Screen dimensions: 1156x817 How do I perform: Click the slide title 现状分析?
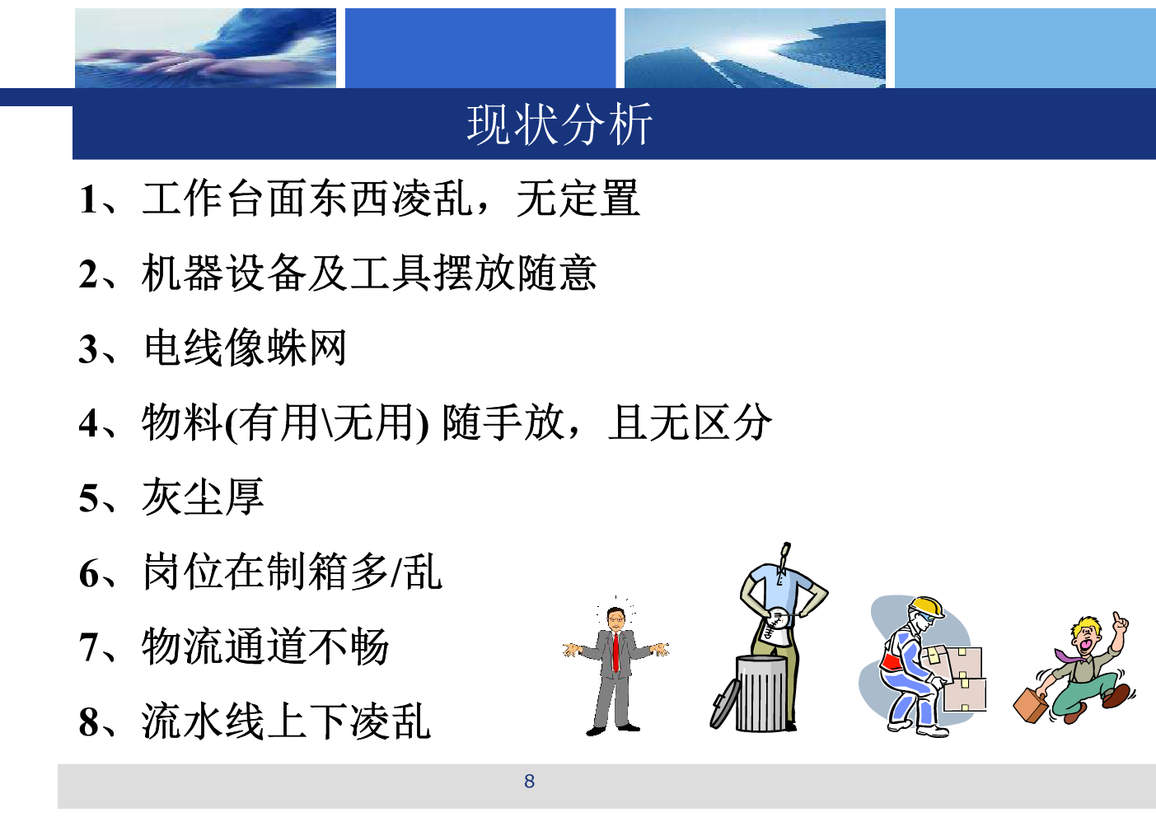tap(559, 124)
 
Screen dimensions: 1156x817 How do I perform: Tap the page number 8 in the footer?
tap(530, 782)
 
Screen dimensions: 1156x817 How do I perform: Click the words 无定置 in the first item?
tap(578, 198)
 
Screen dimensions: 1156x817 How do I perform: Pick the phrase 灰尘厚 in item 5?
tap(203, 497)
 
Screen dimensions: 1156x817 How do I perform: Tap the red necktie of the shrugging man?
tap(615, 652)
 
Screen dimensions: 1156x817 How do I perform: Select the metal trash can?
tap(761, 693)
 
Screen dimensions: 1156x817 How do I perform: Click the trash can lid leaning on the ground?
tap(724, 703)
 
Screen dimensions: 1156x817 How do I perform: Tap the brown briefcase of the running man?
tap(1031, 705)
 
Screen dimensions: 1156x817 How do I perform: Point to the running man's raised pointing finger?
tap(1116, 619)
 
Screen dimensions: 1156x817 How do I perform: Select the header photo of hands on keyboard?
tap(205, 48)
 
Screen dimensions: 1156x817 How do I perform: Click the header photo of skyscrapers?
tap(755, 48)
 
